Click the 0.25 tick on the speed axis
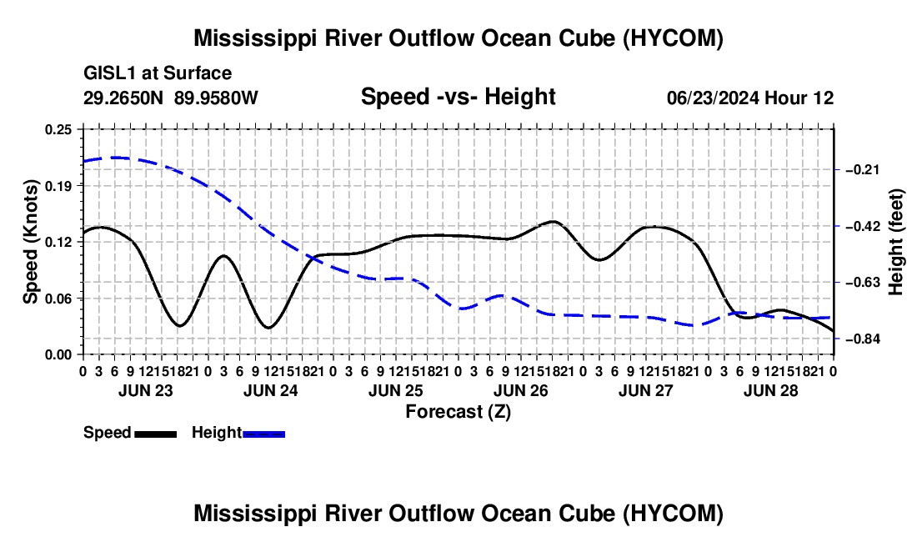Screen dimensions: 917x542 click(58, 129)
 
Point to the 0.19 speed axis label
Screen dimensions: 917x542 click(58, 186)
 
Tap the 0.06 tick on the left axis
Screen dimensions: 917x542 click(58, 299)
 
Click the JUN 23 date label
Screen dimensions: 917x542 click(146, 390)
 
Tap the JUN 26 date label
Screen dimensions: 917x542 click(521, 390)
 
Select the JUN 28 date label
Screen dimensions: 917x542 click(771, 390)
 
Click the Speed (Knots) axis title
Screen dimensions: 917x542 click(30, 242)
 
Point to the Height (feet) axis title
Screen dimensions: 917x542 click(895, 242)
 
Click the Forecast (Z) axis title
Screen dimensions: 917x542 click(458, 412)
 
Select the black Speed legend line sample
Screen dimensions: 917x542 click(156, 434)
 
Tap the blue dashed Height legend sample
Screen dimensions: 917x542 click(263, 434)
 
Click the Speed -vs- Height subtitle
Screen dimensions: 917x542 click(458, 97)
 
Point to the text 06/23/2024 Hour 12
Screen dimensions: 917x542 click(750, 98)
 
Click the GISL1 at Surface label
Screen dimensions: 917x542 click(158, 73)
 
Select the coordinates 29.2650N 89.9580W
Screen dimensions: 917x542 click(171, 98)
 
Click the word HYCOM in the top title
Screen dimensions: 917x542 click(673, 38)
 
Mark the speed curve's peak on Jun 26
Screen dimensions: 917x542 click(553, 222)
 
